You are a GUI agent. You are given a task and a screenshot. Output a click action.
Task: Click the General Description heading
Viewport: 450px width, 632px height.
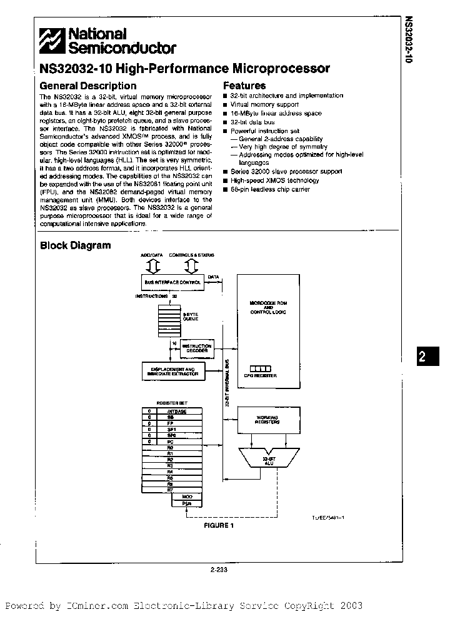click(87, 86)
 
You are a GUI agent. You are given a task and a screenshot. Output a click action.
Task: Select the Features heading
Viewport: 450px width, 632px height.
click(244, 86)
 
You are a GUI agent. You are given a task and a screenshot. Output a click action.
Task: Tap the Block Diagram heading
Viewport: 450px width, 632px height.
click(75, 245)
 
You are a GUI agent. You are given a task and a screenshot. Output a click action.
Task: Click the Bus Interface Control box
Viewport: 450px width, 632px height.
click(172, 282)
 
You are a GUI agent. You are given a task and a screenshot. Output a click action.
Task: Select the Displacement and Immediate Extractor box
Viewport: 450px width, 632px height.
click(173, 371)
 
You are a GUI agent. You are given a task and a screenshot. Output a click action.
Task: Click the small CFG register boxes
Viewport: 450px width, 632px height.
click(258, 368)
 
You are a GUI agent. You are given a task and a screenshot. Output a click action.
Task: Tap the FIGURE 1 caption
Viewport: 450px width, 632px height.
click(218, 525)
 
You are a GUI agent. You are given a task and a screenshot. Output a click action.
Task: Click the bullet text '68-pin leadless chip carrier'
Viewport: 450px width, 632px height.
click(270, 189)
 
